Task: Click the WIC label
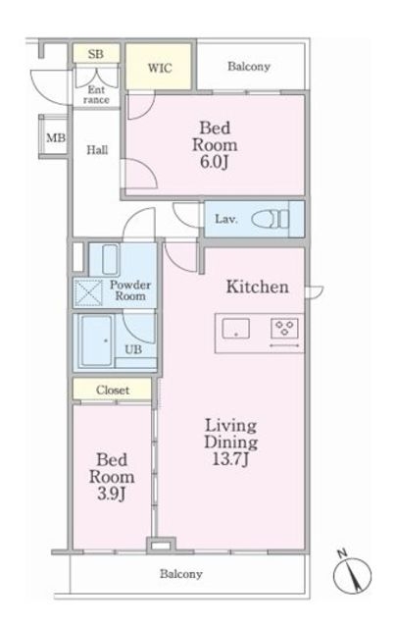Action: pos(160,68)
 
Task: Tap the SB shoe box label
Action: pos(96,54)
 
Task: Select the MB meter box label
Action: pos(56,138)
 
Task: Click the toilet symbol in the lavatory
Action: pos(270,219)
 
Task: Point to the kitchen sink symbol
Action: pos(236,329)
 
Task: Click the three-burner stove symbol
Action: pos(285,327)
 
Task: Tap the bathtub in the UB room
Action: pos(97,340)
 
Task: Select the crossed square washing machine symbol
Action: pos(88,292)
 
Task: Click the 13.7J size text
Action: pos(230,459)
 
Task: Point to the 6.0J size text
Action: pos(215,162)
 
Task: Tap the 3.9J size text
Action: pos(112,495)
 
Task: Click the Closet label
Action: pos(113,391)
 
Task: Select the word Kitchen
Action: pos(257,287)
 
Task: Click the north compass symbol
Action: pos(352,573)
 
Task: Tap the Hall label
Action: pos(97,150)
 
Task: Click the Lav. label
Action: pos(226,219)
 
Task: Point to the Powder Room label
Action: pos(130,290)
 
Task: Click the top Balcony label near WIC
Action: pos(249,66)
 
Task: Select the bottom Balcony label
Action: pos(180,574)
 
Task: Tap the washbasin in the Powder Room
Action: pos(111,259)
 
